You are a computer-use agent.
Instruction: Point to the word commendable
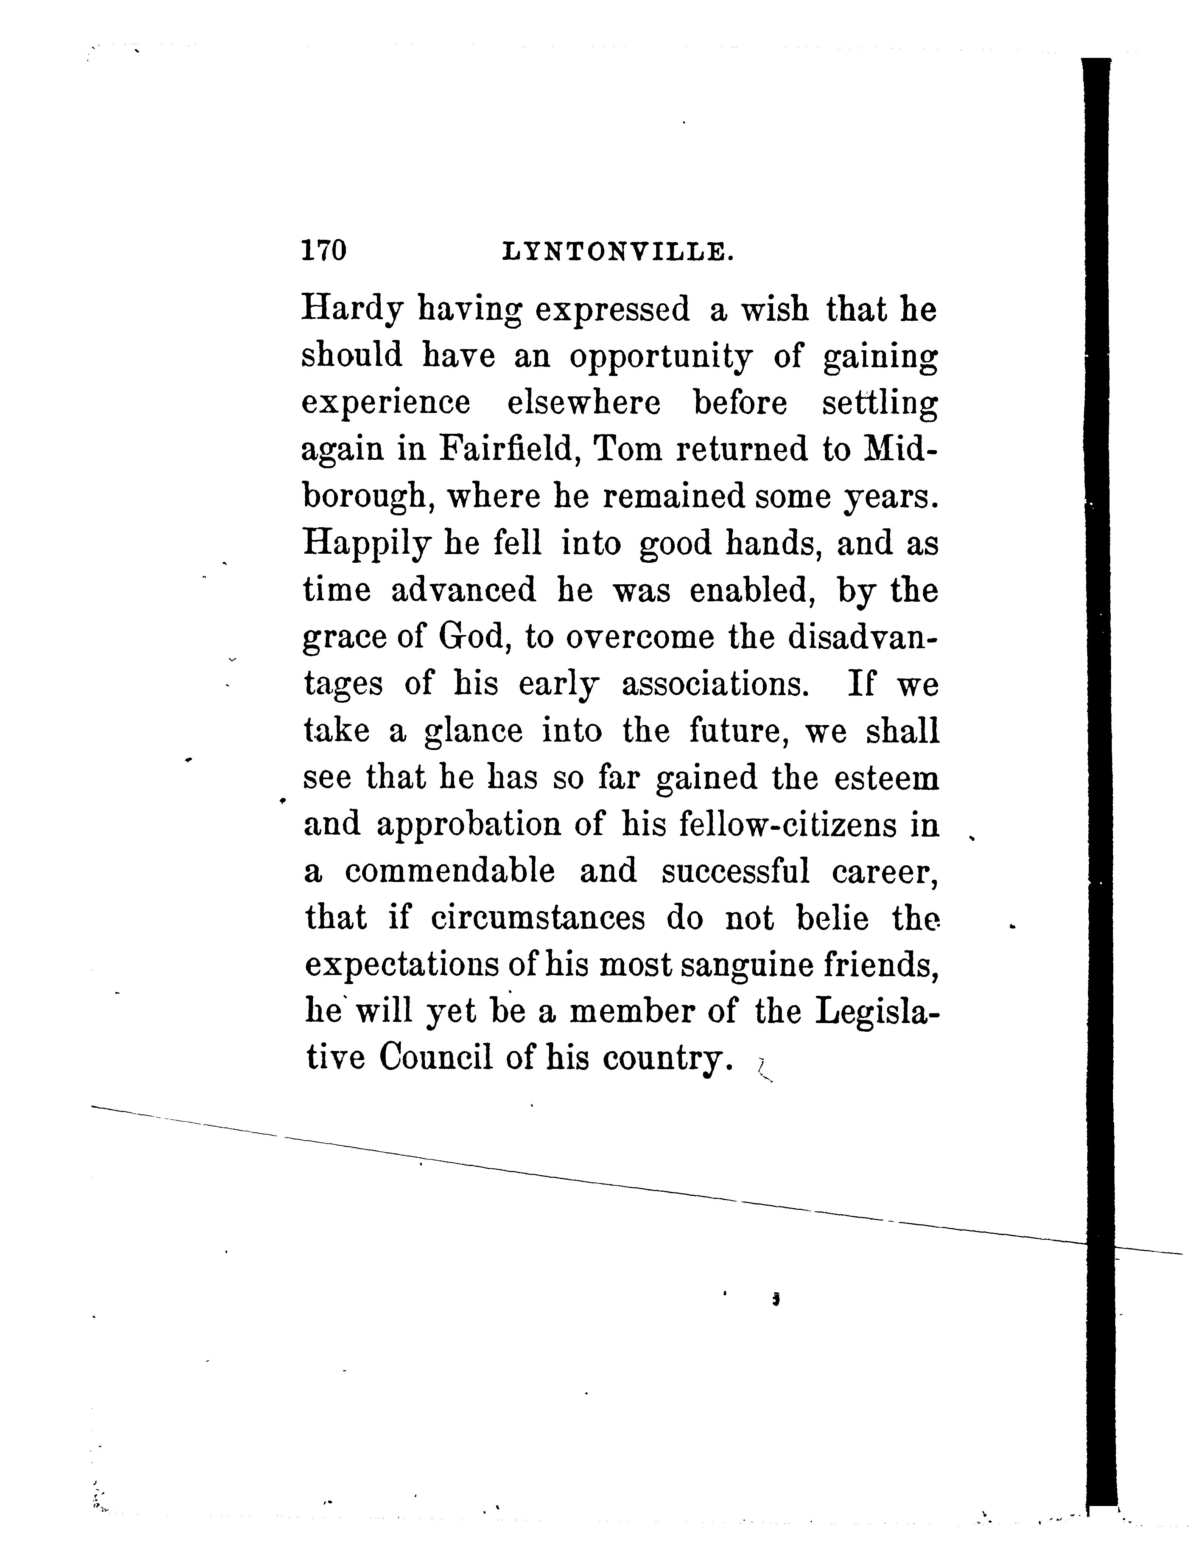[450, 871]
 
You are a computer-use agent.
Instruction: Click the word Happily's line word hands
[775, 543]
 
